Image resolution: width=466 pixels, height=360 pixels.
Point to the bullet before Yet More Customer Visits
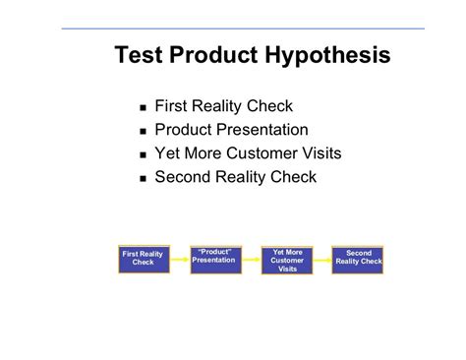(144, 155)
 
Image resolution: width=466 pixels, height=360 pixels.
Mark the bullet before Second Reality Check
(144, 179)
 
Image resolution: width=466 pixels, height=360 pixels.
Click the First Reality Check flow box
(144, 258)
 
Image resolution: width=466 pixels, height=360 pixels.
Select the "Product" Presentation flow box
(213, 258)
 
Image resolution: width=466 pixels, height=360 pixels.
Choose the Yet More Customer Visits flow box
(286, 260)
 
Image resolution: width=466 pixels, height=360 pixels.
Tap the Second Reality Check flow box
(358, 258)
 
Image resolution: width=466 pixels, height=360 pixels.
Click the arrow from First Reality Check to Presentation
(178, 258)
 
